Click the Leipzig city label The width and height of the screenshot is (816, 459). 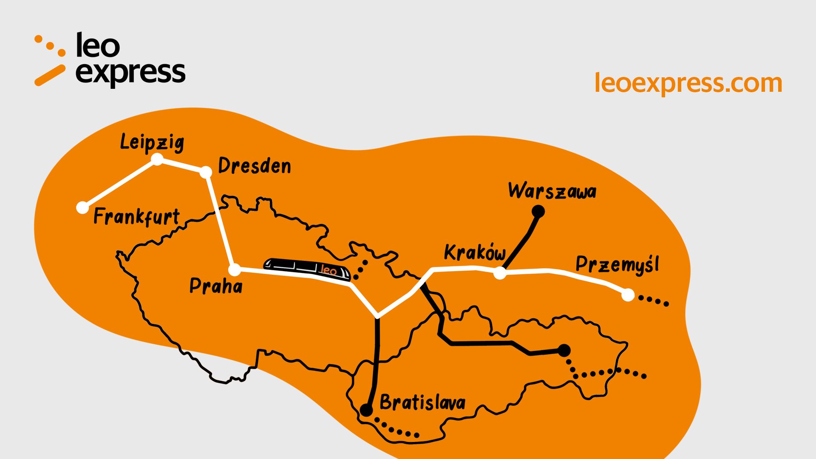[152, 142]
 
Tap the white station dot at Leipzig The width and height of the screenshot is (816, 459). [158, 159]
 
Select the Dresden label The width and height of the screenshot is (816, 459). [254, 166]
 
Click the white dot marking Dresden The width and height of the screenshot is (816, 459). [206, 172]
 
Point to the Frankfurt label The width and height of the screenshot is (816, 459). [136, 217]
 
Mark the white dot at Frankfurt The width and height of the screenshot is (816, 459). [82, 207]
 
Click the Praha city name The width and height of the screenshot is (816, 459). [216, 286]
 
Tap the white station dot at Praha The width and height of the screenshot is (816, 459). [235, 269]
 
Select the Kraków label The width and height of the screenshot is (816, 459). [475, 252]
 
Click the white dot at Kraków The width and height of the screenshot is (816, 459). [500, 273]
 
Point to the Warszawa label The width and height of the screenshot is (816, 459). [552, 191]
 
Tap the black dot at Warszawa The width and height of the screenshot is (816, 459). [538, 211]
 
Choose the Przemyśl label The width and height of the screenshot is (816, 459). [617, 264]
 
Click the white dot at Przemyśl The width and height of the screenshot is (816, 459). [628, 295]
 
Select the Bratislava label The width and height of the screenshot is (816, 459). [422, 402]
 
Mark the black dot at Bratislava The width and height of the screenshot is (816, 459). [366, 410]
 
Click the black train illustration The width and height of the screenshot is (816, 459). [307, 269]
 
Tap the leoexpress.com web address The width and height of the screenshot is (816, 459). [688, 83]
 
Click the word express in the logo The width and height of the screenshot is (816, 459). [130, 73]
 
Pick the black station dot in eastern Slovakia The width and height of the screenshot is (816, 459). [564, 351]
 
